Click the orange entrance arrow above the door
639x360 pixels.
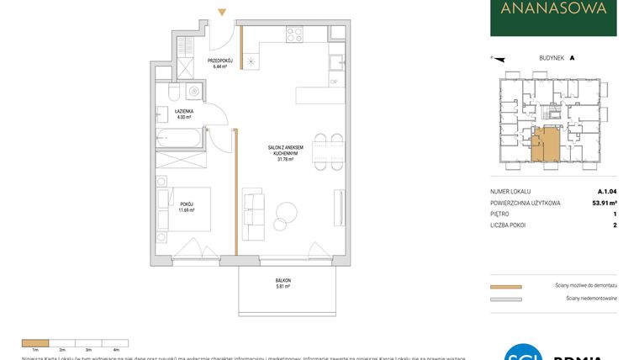coord(221,12)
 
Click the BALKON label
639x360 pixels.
coord(283,280)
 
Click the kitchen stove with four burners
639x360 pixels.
coord(294,34)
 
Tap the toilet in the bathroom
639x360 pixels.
coord(173,90)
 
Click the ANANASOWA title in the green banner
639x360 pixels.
coord(553,10)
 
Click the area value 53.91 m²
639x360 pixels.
coord(600,203)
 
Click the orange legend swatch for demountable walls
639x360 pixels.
coord(505,287)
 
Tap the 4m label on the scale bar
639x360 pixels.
coord(116,348)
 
